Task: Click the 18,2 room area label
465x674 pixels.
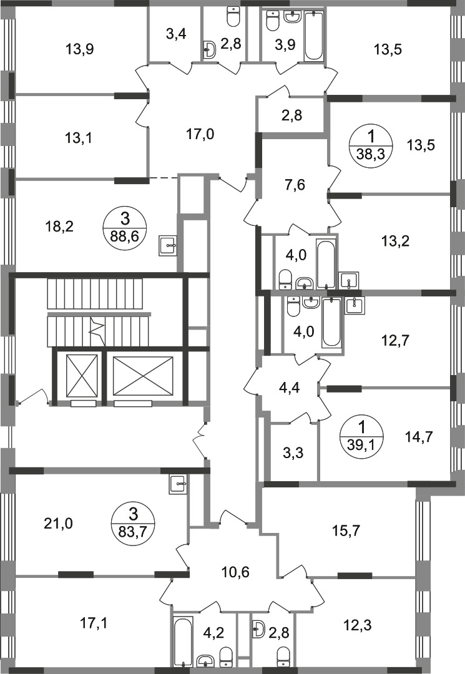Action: tap(59, 226)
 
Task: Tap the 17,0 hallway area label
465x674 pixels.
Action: tap(201, 135)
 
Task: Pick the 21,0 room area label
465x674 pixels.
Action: tap(59, 524)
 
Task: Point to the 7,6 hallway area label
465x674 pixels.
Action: tap(295, 185)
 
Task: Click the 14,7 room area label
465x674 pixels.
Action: tap(419, 437)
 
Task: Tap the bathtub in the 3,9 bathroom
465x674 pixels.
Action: tap(313, 36)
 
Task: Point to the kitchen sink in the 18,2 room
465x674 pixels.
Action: tap(168, 245)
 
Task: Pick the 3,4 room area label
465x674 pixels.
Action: tap(176, 33)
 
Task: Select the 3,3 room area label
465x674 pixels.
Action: tap(295, 452)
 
